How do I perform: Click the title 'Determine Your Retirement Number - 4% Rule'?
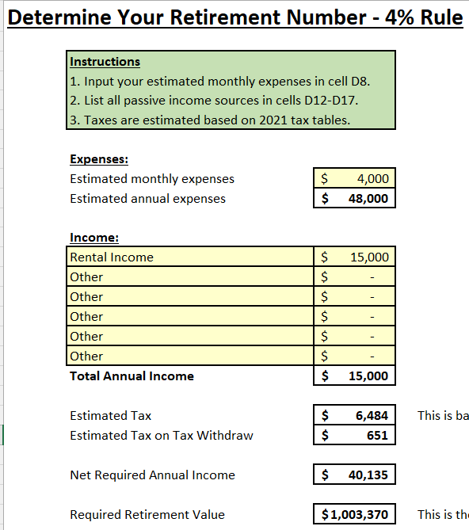[234, 17]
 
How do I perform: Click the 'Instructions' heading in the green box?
[105, 61]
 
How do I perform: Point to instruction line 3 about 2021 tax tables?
[210, 120]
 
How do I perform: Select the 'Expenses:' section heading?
[99, 158]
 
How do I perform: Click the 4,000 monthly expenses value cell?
[354, 178]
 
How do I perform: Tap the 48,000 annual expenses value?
[354, 198]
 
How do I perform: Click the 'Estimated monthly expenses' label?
[152, 178]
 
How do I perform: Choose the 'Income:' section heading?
[94, 237]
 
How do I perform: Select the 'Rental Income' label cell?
[112, 257]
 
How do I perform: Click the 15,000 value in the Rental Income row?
[354, 257]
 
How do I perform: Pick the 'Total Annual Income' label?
[132, 376]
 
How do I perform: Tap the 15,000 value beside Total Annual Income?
[354, 376]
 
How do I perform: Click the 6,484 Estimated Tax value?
[354, 415]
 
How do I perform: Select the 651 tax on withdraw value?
[354, 435]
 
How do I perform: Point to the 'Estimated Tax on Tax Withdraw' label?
[162, 435]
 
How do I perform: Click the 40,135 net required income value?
[354, 475]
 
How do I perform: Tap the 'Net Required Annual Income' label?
[152, 475]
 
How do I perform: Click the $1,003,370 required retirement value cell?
[354, 514]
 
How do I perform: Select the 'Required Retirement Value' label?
[147, 514]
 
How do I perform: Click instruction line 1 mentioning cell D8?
[220, 81]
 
